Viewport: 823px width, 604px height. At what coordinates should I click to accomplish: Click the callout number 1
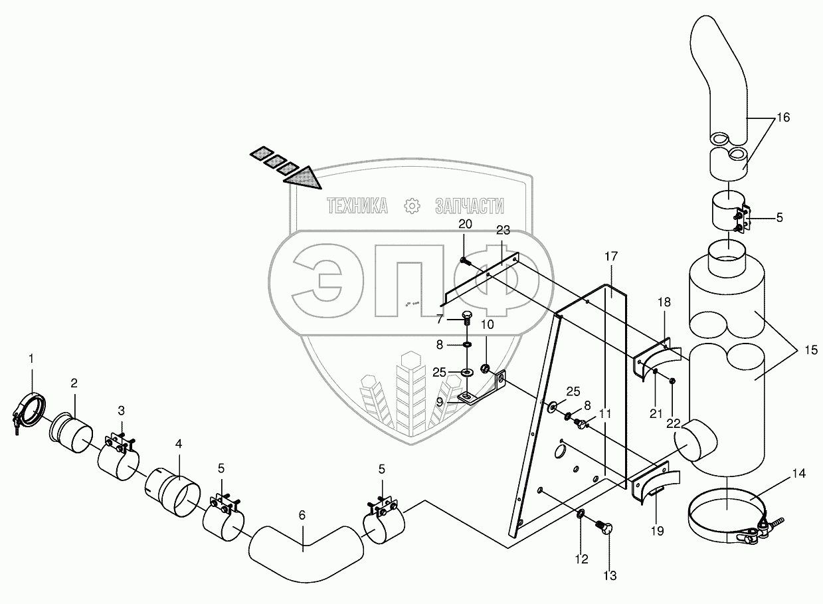click(31, 359)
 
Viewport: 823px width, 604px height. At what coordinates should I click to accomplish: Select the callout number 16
click(782, 118)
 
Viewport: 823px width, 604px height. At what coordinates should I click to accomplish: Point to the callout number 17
click(611, 255)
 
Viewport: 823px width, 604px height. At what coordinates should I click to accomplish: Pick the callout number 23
click(503, 231)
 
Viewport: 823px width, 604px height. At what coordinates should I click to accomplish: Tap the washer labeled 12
click(579, 513)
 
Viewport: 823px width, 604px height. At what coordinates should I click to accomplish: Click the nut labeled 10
click(486, 368)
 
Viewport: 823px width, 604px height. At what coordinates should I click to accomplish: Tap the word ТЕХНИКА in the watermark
click(357, 207)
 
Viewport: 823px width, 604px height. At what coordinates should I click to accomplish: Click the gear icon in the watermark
click(412, 206)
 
